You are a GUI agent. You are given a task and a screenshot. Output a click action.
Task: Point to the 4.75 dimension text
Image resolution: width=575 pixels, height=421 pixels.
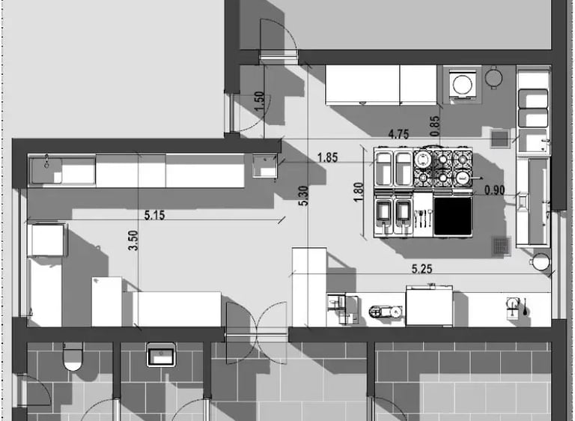click(x=398, y=135)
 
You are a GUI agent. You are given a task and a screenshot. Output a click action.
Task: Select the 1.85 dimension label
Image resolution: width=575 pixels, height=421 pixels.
click(x=326, y=157)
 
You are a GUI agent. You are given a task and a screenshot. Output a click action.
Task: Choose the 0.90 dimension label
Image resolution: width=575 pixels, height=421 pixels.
click(x=494, y=190)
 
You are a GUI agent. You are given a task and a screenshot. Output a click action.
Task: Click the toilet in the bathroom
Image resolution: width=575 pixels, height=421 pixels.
click(x=73, y=358)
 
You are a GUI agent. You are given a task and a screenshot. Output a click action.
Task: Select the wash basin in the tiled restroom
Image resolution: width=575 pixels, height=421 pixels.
click(x=160, y=354)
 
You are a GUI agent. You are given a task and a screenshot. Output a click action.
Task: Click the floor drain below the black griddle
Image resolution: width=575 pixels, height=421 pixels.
click(x=501, y=246)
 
